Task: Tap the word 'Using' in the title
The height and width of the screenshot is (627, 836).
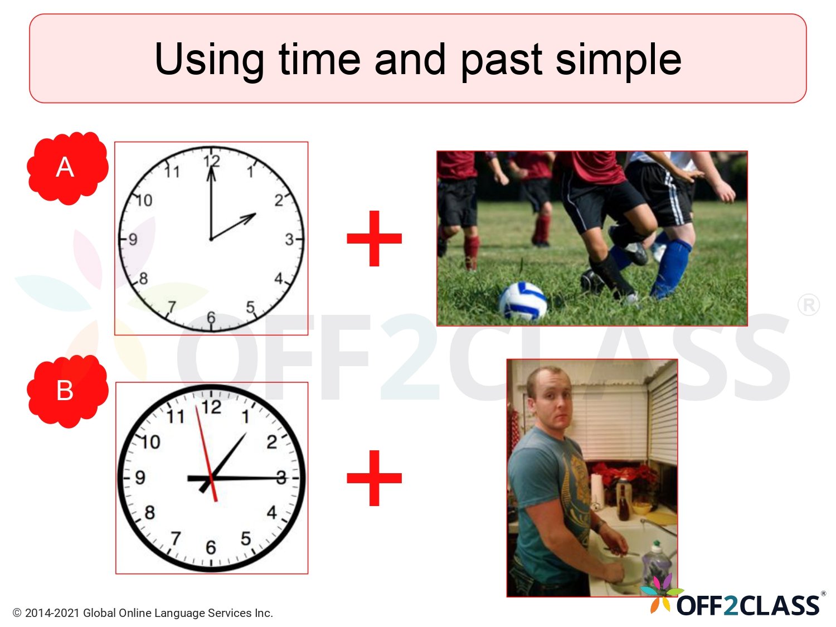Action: [209, 60]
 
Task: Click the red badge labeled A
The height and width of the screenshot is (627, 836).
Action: [66, 167]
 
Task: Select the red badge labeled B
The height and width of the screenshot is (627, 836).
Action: [66, 390]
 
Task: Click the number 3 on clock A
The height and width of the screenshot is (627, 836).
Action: [289, 240]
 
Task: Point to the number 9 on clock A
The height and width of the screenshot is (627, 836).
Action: [133, 240]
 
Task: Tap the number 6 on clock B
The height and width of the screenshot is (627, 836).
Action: [211, 547]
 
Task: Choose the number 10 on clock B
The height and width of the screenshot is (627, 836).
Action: [150, 443]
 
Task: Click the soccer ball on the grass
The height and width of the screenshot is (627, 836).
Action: [522, 302]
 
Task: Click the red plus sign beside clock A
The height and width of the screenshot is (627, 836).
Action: [374, 239]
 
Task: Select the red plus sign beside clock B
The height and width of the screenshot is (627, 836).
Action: [374, 478]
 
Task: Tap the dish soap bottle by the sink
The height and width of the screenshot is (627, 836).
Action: [657, 563]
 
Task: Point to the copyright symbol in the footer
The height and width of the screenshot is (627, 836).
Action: [17, 613]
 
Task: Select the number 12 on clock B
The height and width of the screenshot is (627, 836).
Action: [211, 407]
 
